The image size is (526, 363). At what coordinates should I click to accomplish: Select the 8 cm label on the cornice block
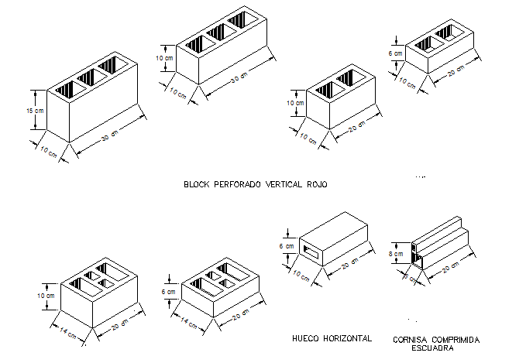click(x=395, y=253)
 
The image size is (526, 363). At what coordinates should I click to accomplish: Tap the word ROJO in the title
click(x=317, y=185)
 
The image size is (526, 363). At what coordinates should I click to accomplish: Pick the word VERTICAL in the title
click(x=283, y=185)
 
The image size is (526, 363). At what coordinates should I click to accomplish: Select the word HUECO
click(x=307, y=339)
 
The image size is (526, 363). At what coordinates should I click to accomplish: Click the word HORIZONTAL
click(x=347, y=339)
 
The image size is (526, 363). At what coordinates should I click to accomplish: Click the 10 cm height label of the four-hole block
click(x=46, y=296)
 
